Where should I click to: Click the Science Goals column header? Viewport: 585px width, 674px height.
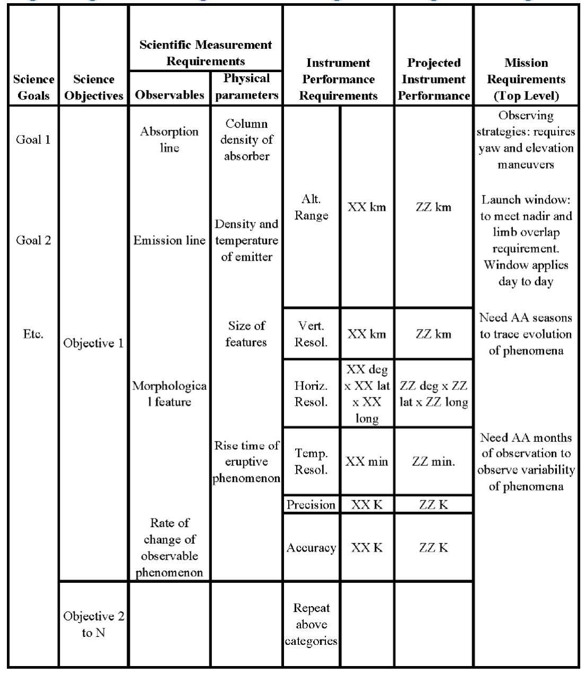tap(33, 87)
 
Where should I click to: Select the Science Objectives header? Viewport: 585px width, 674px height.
tap(94, 87)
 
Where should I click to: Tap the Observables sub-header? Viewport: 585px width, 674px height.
tap(170, 95)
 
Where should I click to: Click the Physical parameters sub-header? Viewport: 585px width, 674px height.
tap(246, 87)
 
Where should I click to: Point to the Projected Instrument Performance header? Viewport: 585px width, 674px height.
tap(433, 79)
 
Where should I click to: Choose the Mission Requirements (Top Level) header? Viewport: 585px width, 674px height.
tap(526, 79)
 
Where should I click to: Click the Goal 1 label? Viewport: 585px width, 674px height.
tap(33, 140)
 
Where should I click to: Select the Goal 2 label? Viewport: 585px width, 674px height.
tap(33, 240)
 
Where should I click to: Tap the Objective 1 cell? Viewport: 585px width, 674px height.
tap(94, 343)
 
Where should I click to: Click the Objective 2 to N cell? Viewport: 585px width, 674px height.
tap(94, 624)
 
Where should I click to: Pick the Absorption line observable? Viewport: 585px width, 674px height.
tap(170, 140)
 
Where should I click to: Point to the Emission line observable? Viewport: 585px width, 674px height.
tap(170, 241)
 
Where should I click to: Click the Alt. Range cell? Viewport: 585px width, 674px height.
tap(312, 207)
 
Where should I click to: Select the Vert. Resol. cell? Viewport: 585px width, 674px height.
tap(312, 334)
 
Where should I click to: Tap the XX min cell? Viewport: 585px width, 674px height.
tap(367, 462)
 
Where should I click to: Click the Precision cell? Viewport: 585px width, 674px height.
tap(311, 504)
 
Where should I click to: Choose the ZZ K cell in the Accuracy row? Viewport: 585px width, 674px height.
tap(433, 547)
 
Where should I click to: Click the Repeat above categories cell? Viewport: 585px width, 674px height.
tap(311, 624)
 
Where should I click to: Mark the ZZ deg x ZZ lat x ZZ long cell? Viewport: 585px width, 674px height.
tap(433, 394)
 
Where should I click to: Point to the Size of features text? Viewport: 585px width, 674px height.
tap(246, 334)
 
